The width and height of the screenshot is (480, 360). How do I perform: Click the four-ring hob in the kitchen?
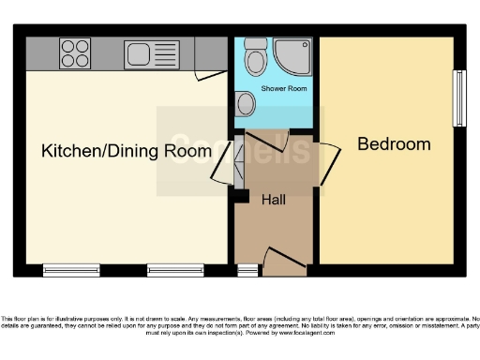75,53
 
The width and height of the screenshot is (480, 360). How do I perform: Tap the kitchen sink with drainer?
151,53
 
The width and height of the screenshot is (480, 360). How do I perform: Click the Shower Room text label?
284,90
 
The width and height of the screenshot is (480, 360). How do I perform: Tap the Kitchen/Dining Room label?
127,151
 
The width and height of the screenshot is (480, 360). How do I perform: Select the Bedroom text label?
394,143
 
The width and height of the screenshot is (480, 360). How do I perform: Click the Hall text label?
274,200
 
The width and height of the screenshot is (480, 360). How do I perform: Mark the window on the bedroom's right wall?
459,98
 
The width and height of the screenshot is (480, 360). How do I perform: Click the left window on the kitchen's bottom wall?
71,270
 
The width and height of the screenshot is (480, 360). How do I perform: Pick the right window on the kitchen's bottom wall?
175,270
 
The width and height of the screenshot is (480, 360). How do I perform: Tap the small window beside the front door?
247,270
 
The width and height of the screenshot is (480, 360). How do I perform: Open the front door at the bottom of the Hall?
285,260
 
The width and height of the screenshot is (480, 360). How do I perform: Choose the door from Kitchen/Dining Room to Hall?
221,165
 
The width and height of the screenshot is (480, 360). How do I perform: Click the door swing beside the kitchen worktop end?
209,74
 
